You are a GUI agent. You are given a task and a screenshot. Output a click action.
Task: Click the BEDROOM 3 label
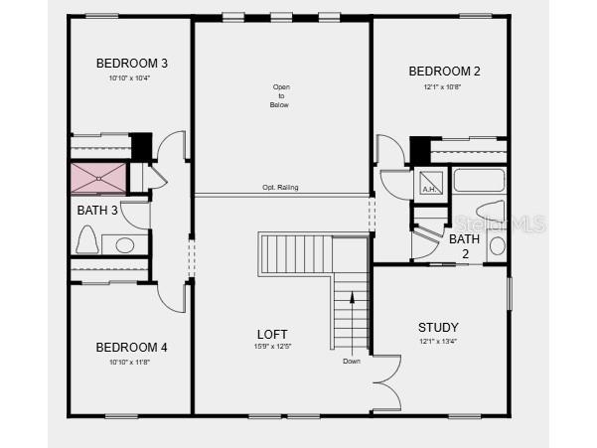coord(131,64)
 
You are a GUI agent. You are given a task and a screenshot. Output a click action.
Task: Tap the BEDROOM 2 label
coord(444,71)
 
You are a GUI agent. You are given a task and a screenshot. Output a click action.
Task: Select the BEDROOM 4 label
coord(131,347)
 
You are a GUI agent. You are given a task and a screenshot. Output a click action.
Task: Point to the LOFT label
coord(272,334)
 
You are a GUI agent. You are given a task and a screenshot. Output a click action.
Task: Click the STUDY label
coord(437,327)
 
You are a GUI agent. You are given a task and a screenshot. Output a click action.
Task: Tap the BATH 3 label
coord(97,210)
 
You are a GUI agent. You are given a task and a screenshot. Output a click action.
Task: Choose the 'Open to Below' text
coord(280,95)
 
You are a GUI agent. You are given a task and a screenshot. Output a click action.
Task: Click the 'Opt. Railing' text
coord(280,187)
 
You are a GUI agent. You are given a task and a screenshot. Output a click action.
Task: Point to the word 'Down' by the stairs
coord(352,361)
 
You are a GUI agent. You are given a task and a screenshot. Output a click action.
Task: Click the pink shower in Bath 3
coord(98,178)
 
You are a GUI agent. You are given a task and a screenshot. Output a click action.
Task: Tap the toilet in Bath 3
coord(86,240)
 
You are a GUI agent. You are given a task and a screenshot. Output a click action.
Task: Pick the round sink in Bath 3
coord(125,244)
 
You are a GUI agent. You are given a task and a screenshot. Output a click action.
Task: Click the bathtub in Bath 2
coord(479,181)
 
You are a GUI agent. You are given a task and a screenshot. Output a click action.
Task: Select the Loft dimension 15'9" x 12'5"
coord(272,347)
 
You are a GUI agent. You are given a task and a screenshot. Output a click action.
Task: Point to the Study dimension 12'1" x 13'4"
coord(437,341)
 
